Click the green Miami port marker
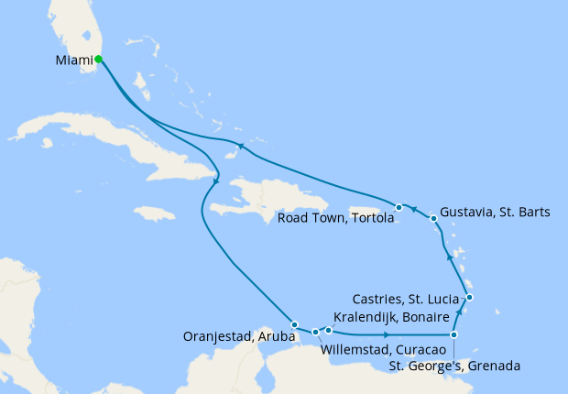click(98, 60)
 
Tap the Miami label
click(73, 61)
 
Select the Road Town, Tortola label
click(335, 217)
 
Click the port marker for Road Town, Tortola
click(399, 207)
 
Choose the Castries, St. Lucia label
click(407, 298)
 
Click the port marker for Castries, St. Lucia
click(469, 297)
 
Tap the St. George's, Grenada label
click(454, 367)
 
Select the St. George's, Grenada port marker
click(454, 335)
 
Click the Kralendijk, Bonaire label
click(390, 316)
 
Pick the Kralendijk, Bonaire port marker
click(329, 329)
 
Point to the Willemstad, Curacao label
click(383, 350)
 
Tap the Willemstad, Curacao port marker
click(315, 333)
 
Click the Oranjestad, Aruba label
click(237, 333)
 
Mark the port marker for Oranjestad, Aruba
click(294, 324)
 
